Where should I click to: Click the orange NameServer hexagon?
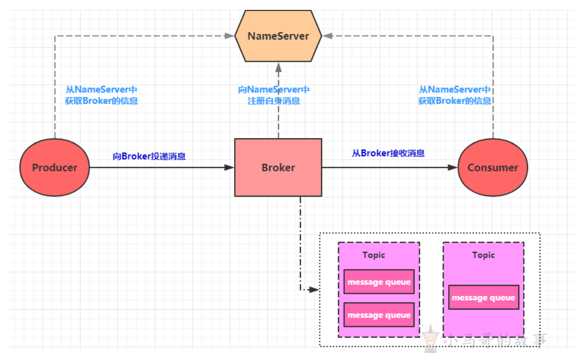coord(278,36)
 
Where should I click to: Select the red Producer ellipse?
coord(55,167)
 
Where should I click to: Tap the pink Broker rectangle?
coord(278,167)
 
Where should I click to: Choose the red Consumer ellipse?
coord(493,167)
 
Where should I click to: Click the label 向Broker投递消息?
coord(149,156)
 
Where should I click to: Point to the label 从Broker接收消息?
coord(388,153)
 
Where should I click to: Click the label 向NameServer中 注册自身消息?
coord(274,95)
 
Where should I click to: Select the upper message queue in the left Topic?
coord(379,281)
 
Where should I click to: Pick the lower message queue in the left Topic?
coord(379,315)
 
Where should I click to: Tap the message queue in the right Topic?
coord(484,297)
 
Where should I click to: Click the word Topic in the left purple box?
coord(373,255)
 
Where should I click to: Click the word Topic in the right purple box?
coord(483,255)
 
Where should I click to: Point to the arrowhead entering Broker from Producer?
coord(229,167)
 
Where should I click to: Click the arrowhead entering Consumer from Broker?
coord(453,167)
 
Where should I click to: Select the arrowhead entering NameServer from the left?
coord(229,36)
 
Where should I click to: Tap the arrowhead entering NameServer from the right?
coord(328,36)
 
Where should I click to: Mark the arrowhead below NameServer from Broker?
coord(279,67)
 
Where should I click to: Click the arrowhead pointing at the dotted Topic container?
coord(314,290)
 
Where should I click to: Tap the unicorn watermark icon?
coord(430,338)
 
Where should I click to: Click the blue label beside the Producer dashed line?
coord(101,95)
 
